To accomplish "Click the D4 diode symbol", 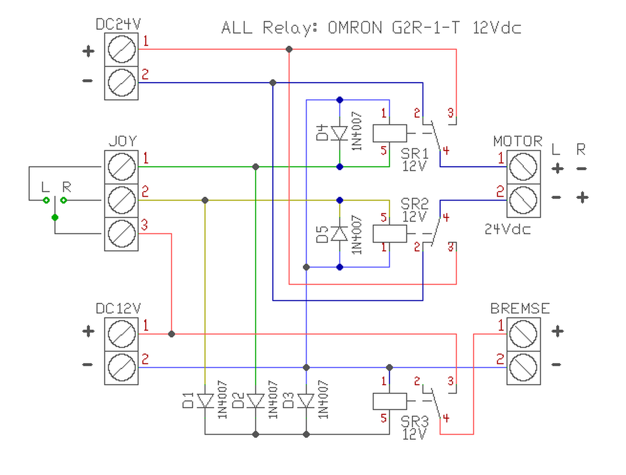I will (x=339, y=133).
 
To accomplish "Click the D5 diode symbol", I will (x=339, y=234).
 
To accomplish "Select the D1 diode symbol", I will (x=205, y=401).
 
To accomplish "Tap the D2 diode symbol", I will (x=255, y=401).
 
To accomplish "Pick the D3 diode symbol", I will (x=306, y=401).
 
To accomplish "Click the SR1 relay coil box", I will (x=390, y=133).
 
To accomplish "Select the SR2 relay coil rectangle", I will (x=390, y=234).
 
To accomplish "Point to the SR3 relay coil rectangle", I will (x=390, y=401).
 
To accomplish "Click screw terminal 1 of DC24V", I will (x=121, y=49).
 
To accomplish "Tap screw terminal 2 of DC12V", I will (x=121, y=367).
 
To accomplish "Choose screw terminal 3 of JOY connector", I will (x=121, y=234).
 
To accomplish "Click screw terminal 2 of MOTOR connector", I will (x=523, y=200).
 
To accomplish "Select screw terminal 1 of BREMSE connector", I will (x=523, y=334).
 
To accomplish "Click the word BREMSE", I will (x=520, y=309).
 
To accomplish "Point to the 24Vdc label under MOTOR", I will (x=508, y=229).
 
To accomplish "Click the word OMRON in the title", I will (x=355, y=28).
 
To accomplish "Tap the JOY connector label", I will (x=122, y=141).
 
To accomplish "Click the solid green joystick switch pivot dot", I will (x=55, y=217).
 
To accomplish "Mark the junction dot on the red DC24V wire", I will (x=289, y=49).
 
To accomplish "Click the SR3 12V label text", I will (x=415, y=427).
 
